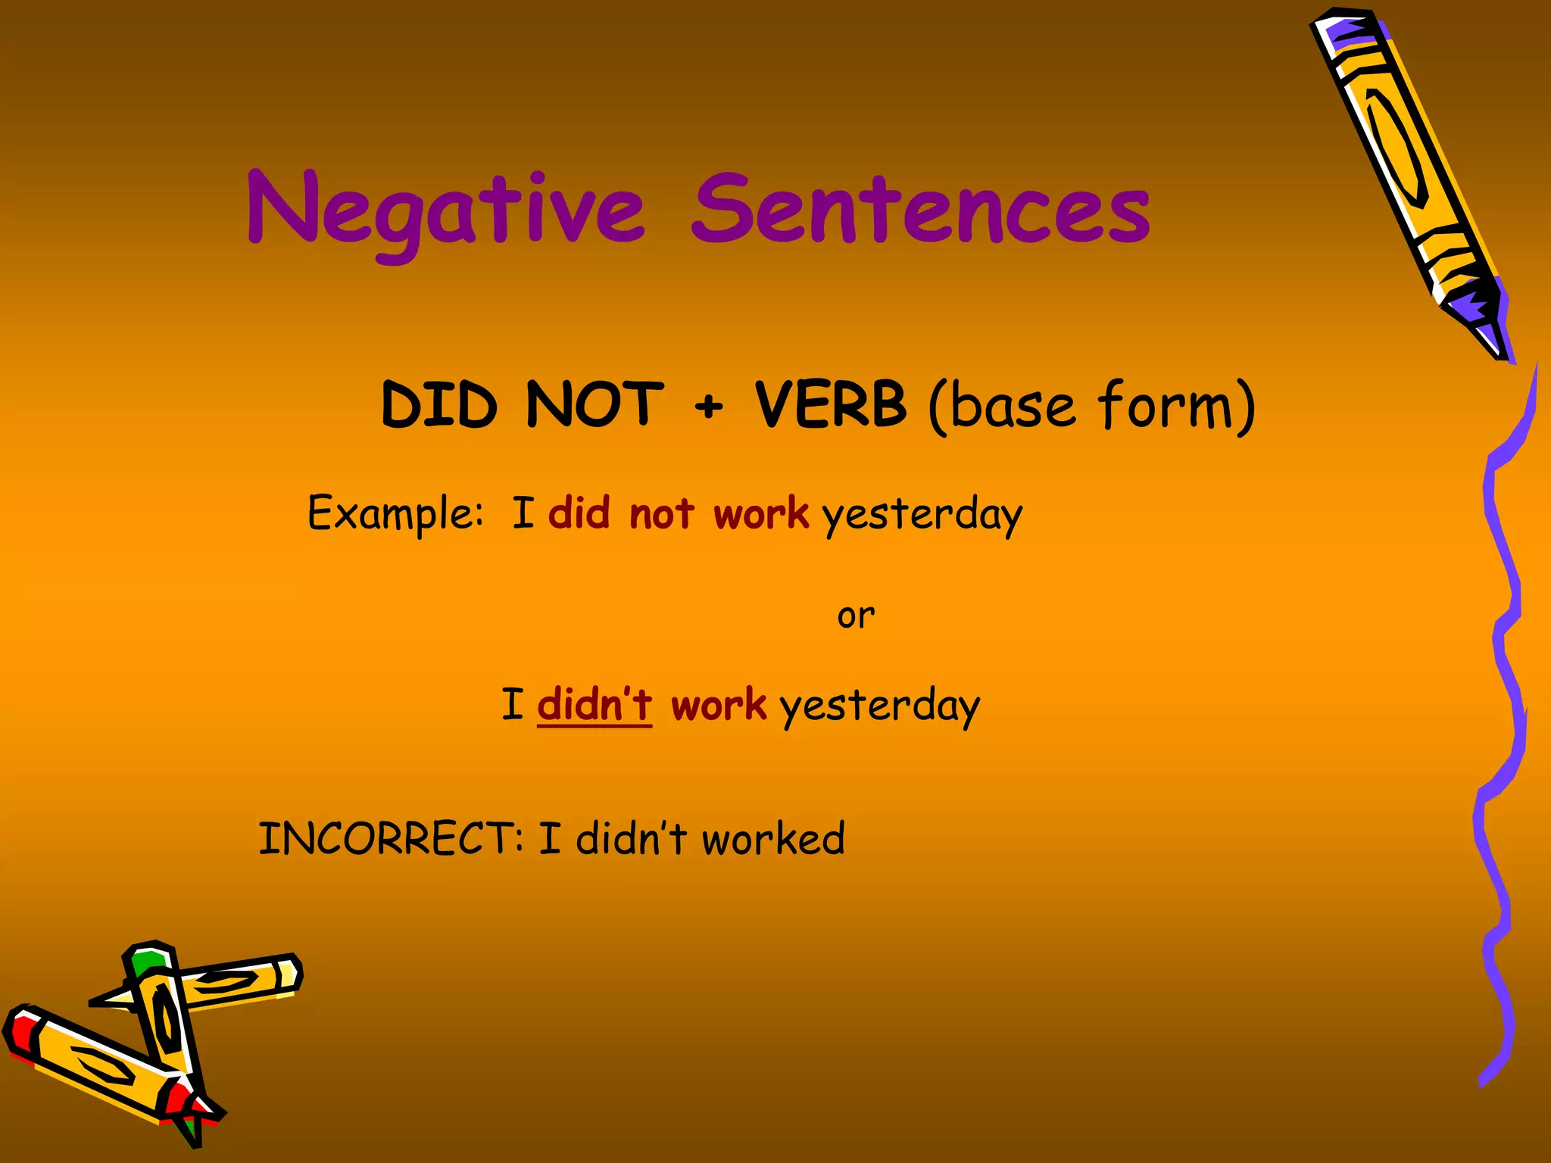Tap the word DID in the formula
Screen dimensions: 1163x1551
(439, 404)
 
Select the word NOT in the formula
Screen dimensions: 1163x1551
(594, 404)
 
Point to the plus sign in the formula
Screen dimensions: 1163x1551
(709, 407)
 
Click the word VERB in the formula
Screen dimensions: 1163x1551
(831, 404)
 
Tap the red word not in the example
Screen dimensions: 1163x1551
(661, 514)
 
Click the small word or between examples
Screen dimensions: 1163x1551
(856, 616)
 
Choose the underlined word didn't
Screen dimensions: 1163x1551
(594, 705)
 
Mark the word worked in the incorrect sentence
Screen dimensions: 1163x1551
(773, 839)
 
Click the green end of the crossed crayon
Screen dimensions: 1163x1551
(147, 962)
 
